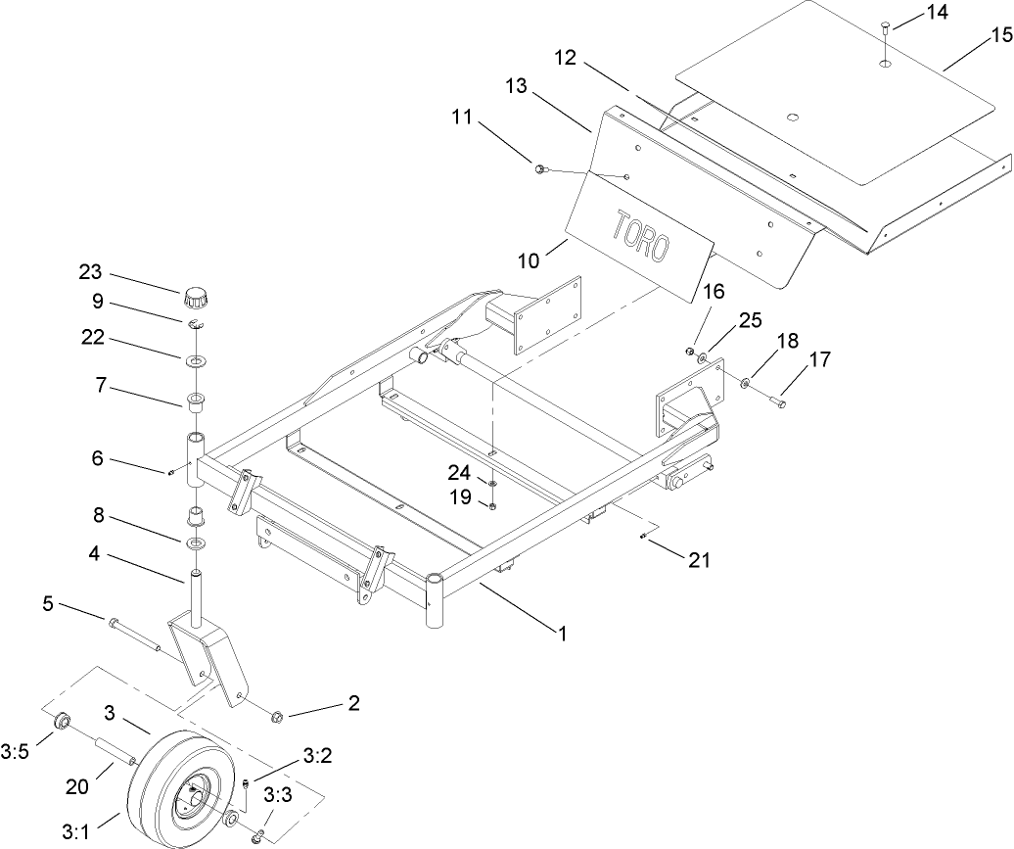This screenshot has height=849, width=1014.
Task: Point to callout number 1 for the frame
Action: [x=562, y=633]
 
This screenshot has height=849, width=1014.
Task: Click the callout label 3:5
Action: [x=15, y=752]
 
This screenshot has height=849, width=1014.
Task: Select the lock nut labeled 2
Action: [x=277, y=718]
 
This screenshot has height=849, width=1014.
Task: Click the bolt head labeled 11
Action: [x=539, y=169]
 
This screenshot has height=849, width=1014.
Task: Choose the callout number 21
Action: [x=699, y=560]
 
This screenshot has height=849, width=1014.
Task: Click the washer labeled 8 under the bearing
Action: [x=196, y=542]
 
